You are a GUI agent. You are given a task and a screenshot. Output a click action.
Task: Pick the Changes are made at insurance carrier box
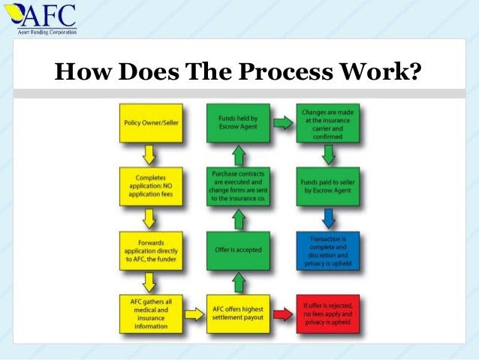point(327,121)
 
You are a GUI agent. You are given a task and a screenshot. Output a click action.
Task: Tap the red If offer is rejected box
point(327,310)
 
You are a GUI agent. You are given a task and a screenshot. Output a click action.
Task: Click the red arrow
point(282,310)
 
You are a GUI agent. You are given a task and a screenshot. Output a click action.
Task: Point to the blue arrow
point(327,217)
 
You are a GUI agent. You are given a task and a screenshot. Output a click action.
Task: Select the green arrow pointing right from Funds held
point(282,121)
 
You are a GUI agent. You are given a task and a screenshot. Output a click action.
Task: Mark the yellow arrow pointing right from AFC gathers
point(192,310)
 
